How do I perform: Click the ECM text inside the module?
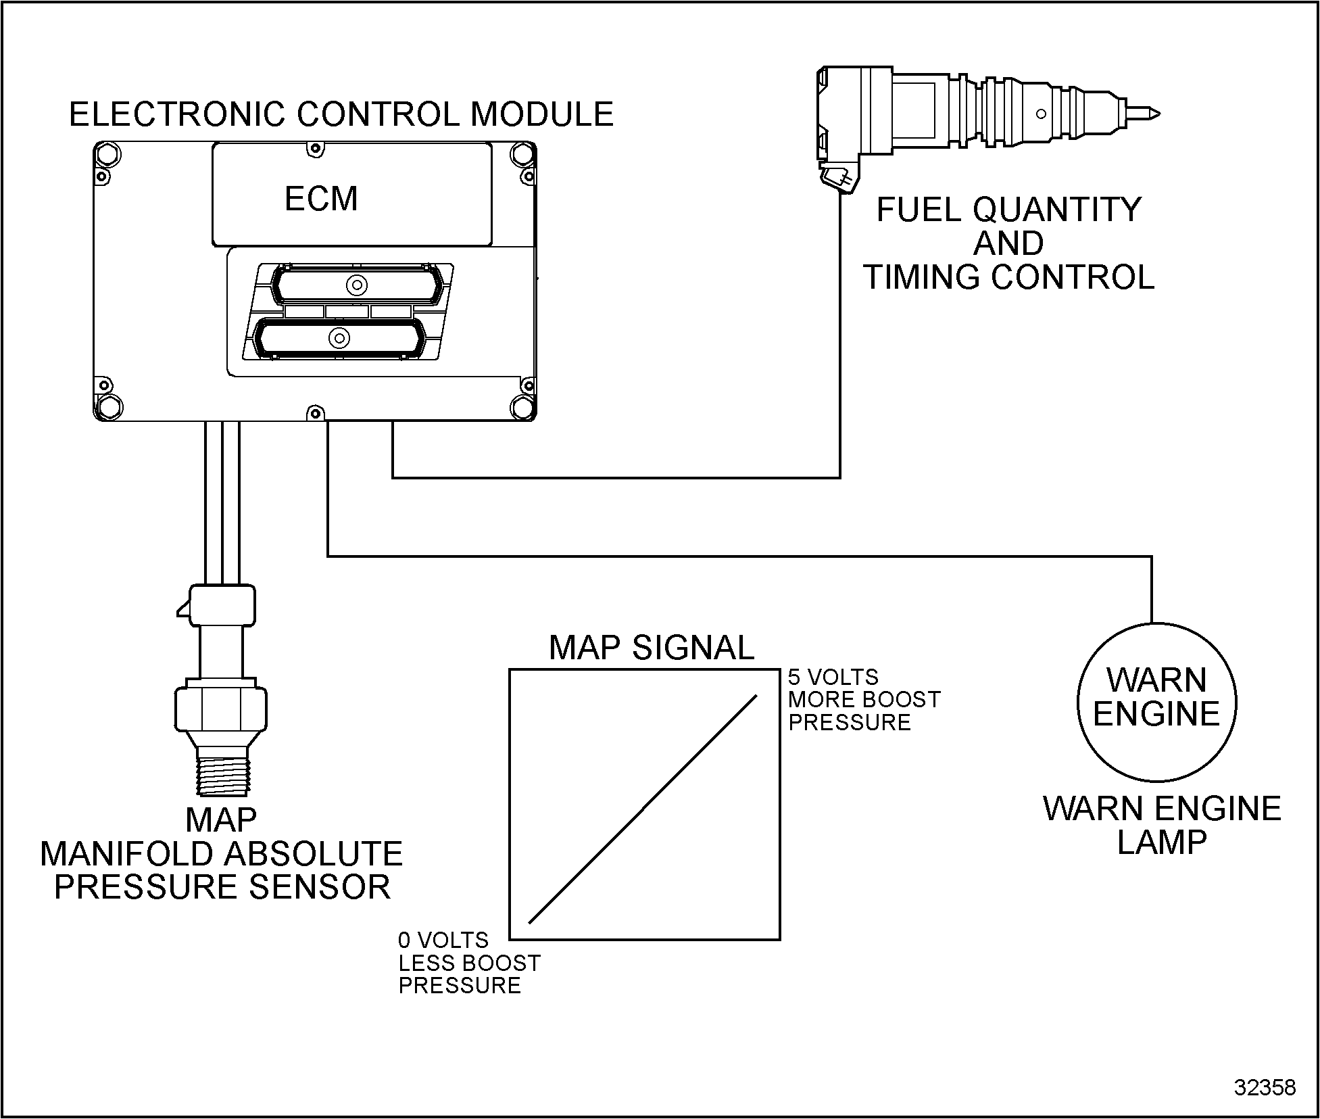(321, 199)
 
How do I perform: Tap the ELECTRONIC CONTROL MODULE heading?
(341, 114)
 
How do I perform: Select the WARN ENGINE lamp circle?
(1156, 702)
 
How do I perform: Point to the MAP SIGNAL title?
(651, 648)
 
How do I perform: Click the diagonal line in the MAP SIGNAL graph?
(643, 809)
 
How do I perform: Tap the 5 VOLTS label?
(833, 677)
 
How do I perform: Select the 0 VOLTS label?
(443, 941)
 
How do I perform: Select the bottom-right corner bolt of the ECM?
(522, 407)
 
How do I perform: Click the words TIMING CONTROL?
(1008, 277)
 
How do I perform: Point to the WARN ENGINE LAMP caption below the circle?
(1162, 826)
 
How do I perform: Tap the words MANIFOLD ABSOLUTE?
(222, 854)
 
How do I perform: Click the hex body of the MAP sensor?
(221, 709)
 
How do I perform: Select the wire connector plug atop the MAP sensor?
(222, 605)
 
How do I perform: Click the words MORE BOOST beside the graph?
(864, 699)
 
